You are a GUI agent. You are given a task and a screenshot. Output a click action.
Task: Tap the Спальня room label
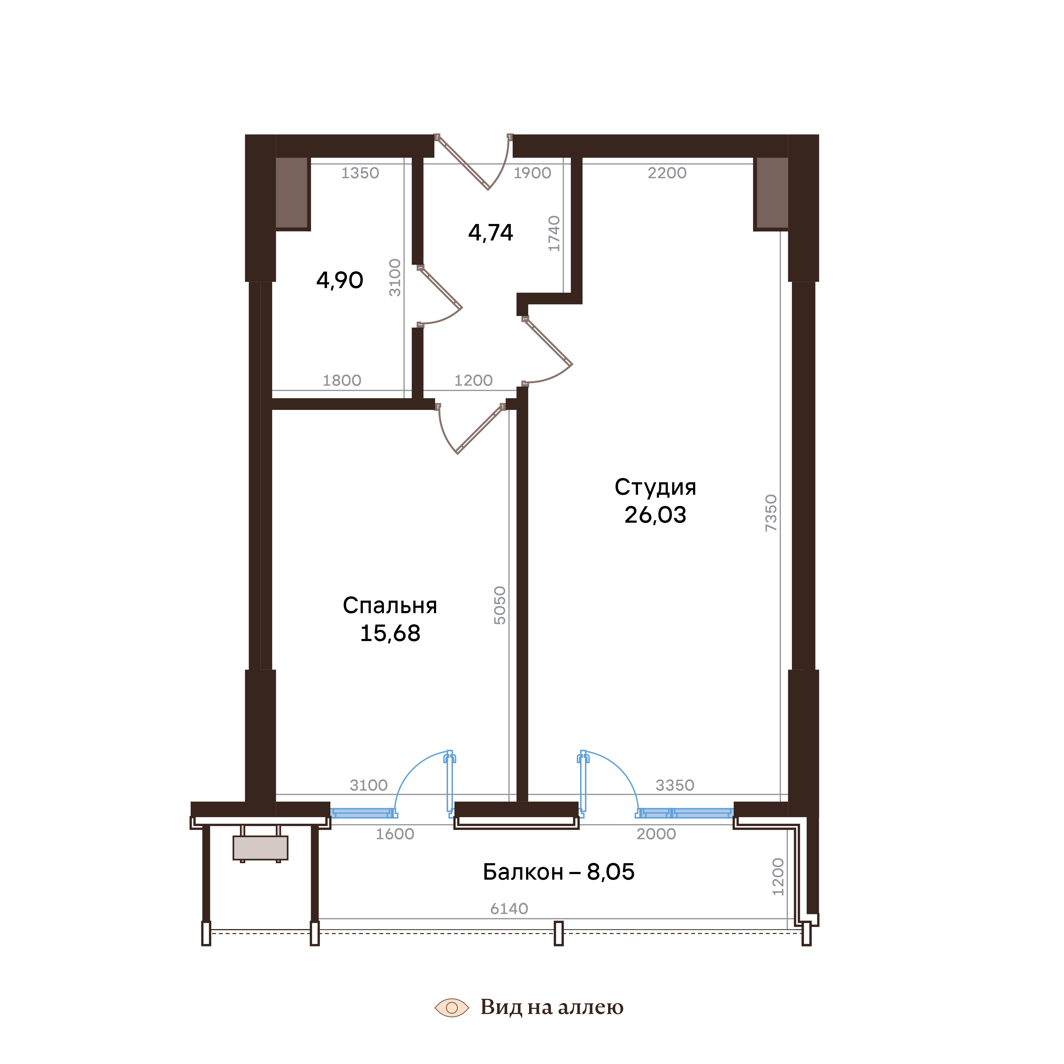click(390, 606)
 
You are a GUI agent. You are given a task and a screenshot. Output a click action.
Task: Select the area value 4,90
click(340, 281)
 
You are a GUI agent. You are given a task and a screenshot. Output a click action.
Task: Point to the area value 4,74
click(491, 233)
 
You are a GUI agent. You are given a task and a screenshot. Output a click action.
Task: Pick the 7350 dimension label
click(771, 513)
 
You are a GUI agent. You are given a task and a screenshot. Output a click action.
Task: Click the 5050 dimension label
click(500, 605)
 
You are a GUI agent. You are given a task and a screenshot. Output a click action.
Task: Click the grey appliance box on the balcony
click(260, 847)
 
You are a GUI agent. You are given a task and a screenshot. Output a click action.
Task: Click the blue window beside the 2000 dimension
click(686, 813)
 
